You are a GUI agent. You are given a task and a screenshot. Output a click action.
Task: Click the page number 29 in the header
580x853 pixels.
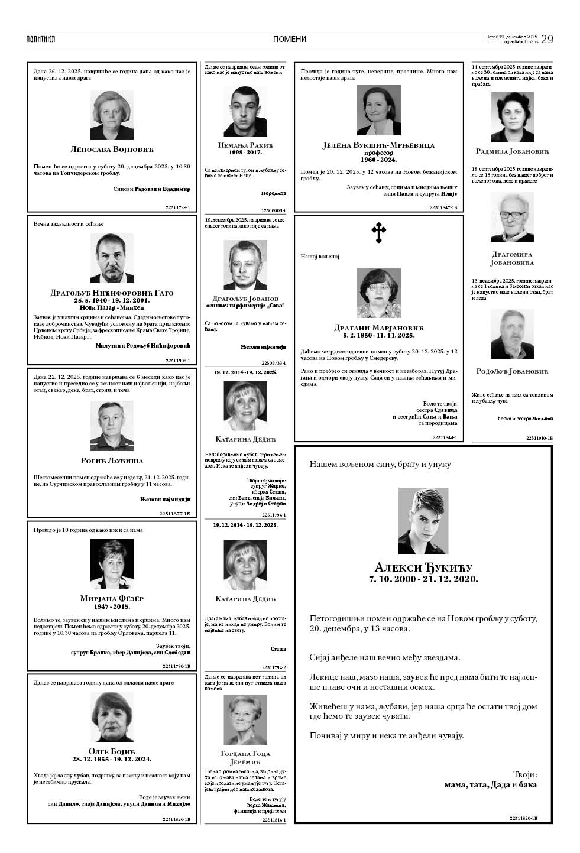546,39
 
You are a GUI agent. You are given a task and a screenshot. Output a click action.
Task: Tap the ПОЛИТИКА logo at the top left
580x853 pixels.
41,39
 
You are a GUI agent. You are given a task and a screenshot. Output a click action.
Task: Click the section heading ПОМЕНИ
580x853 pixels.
290,39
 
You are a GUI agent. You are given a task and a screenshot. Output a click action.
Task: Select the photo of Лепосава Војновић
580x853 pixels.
112,115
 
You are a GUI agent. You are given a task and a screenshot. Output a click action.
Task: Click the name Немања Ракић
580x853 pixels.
245,145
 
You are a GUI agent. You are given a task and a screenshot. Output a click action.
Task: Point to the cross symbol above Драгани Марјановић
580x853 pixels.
378,233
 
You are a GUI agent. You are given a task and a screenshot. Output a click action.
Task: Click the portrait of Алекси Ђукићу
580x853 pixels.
423,521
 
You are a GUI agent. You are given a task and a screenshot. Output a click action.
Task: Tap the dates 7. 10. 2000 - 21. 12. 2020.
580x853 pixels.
423,579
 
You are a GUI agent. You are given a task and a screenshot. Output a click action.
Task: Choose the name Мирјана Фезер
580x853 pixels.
112,598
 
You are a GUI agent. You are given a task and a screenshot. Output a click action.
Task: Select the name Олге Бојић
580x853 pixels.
112,752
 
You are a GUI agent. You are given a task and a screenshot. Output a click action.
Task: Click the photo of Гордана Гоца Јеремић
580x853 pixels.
245,719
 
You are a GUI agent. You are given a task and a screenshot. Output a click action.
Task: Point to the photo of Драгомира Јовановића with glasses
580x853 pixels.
512,216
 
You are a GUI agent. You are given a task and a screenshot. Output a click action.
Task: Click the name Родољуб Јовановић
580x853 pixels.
512,371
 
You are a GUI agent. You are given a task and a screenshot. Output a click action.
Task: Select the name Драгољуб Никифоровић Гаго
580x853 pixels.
112,293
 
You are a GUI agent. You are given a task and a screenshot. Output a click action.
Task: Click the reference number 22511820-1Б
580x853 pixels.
523,818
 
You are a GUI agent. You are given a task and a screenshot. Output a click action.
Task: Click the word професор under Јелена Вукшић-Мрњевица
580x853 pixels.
378,153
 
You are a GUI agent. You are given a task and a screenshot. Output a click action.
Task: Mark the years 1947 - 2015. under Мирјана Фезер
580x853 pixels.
112,606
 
